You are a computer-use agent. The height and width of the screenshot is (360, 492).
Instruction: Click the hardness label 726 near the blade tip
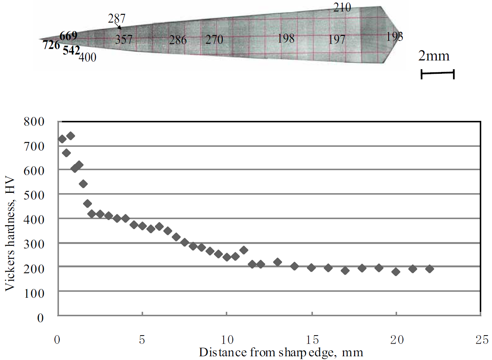(51, 45)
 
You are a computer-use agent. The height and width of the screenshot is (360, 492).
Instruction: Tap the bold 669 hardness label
(69, 36)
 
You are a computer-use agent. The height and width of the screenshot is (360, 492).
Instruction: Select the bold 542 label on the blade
(71, 50)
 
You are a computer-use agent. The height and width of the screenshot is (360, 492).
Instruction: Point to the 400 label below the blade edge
(87, 57)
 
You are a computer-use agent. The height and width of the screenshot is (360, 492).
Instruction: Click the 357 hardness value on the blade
(123, 39)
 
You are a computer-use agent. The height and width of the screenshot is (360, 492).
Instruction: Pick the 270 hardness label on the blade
(214, 39)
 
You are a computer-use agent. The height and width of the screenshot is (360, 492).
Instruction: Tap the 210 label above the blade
(342, 7)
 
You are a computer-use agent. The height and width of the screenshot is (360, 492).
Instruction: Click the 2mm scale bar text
(434, 56)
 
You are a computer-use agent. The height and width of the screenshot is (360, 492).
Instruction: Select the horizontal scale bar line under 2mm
(437, 73)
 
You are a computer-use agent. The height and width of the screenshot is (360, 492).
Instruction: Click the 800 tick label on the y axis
(34, 122)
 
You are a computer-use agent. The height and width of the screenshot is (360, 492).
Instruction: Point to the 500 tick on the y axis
(34, 195)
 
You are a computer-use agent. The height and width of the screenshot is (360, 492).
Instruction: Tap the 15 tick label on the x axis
(312, 340)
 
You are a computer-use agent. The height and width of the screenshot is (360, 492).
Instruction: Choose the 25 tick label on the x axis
(482, 340)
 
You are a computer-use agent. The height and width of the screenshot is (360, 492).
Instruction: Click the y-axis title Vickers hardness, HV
(10, 234)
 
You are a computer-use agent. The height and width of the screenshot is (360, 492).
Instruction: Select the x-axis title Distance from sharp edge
(281, 352)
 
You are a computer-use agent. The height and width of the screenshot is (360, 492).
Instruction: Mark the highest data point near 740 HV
(70, 136)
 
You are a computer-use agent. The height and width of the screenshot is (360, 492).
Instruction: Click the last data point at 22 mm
(429, 269)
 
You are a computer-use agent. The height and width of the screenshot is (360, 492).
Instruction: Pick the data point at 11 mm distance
(244, 250)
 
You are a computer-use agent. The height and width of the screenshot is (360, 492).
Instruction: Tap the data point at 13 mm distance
(277, 262)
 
